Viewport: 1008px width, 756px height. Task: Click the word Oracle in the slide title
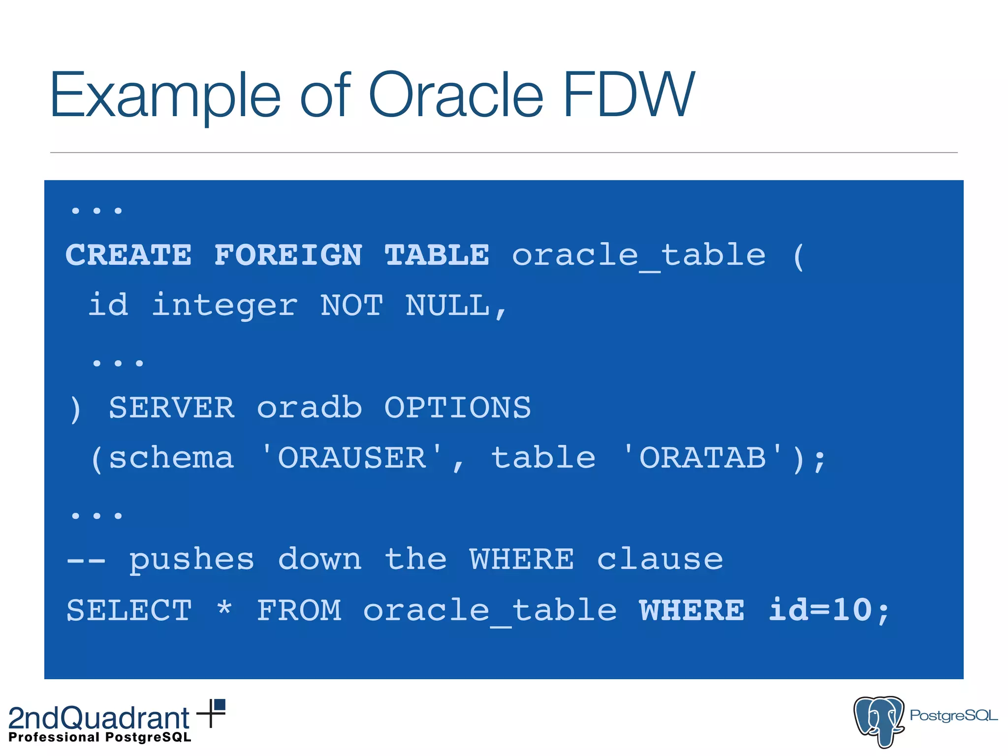(x=455, y=94)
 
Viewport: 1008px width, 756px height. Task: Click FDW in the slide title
(x=629, y=94)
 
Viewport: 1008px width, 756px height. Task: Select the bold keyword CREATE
(x=128, y=255)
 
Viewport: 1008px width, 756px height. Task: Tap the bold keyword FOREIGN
(x=288, y=255)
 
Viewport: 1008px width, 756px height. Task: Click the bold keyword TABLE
(x=437, y=255)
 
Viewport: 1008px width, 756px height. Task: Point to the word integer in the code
(x=224, y=305)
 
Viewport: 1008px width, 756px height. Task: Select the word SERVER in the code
(x=171, y=408)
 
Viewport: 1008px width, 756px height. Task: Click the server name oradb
(x=310, y=408)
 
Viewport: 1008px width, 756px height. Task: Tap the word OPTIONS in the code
(x=457, y=408)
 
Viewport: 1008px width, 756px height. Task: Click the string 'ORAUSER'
(x=352, y=458)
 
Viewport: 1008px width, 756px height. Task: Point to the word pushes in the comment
(x=191, y=560)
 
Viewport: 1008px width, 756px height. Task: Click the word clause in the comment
(x=660, y=560)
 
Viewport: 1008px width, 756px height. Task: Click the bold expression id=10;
(x=829, y=610)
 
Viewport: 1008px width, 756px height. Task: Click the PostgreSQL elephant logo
(x=879, y=721)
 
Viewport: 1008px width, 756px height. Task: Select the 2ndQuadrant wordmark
(x=99, y=718)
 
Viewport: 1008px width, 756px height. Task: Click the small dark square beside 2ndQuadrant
(x=220, y=705)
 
